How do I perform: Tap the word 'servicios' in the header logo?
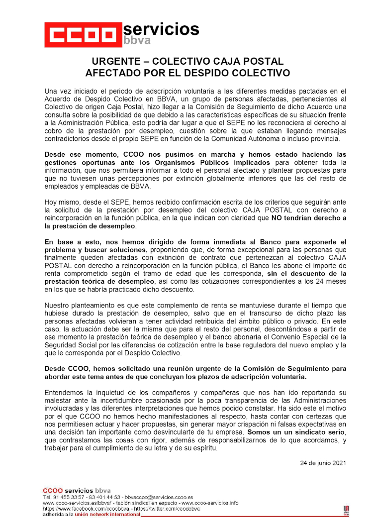(x=161, y=29)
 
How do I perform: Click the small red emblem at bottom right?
(x=346, y=510)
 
